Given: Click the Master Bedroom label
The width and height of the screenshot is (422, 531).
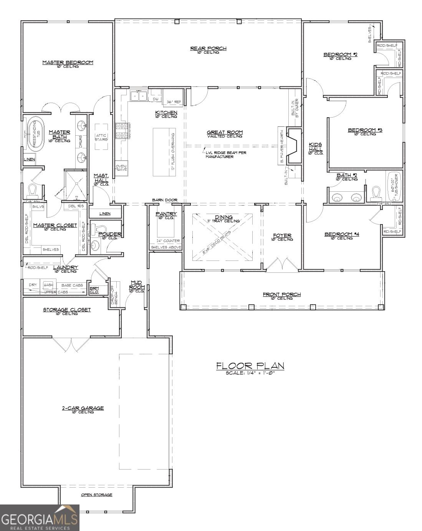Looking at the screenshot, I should click(x=68, y=62).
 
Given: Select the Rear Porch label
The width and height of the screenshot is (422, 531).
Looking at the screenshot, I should click(x=209, y=48).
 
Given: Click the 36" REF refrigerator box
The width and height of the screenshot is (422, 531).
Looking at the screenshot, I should click(x=174, y=96).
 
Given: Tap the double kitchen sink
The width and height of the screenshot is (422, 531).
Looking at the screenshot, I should click(x=139, y=96).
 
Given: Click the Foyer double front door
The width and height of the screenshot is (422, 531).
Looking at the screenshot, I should click(x=282, y=265).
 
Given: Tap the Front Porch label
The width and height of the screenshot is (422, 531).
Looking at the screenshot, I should click(x=281, y=294).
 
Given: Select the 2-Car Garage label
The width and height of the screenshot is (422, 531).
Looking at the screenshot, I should click(x=83, y=408).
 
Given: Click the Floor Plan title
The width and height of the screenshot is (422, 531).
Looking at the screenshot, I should click(x=250, y=365).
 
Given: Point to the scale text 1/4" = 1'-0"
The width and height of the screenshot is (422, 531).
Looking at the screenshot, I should click(x=250, y=373).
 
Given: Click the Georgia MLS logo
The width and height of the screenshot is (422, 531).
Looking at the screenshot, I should click(x=40, y=518).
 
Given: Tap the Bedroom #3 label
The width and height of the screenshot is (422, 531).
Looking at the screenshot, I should click(x=365, y=130).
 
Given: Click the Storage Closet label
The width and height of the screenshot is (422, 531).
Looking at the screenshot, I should click(x=67, y=310).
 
